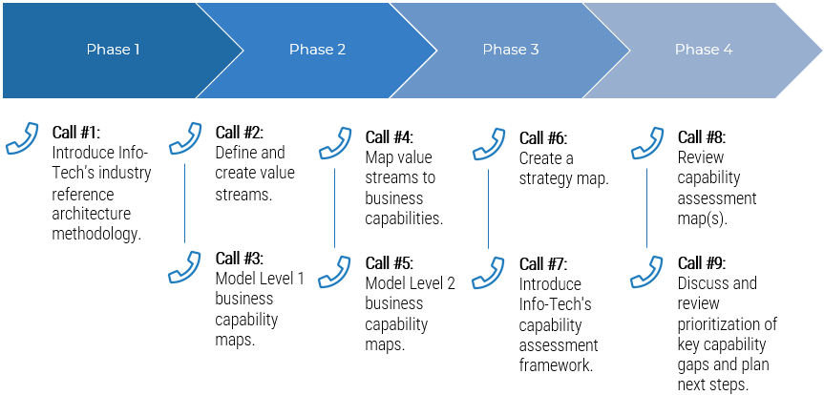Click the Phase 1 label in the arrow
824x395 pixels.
113,50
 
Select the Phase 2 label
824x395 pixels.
317,50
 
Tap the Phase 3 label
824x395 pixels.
511,50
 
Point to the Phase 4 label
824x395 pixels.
704,50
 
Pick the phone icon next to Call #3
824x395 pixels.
184,266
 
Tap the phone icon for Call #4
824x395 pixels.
335,142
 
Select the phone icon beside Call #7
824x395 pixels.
489,270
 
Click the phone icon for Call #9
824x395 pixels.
647,270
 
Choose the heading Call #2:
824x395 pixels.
239,133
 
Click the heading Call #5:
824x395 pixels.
390,262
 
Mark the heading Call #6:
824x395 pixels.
542,138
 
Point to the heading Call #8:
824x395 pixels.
702,137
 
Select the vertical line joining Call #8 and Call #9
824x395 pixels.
646,204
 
